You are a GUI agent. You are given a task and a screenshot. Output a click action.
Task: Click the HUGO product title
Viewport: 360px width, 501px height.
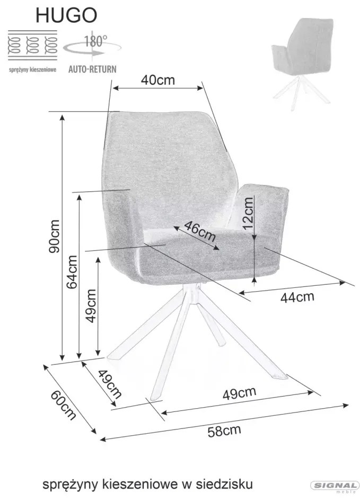pos(66,15)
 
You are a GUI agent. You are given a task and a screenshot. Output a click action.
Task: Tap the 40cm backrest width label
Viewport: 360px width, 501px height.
pos(158,80)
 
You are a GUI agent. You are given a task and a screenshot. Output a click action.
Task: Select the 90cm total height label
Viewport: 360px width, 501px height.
pos(54,236)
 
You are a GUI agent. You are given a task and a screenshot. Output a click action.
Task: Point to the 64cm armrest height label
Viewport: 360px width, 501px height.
pos(72,272)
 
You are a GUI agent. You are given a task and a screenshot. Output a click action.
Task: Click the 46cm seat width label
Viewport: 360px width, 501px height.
pos(200,231)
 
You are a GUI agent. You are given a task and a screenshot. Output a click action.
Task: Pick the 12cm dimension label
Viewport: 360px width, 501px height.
pos(248,213)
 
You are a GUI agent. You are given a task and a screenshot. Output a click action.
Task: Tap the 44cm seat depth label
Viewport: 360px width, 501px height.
pos(297,297)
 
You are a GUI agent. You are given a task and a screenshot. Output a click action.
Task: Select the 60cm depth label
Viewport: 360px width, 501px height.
pos(63,405)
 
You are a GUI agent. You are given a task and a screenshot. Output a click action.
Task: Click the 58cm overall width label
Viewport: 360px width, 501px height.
pos(224,430)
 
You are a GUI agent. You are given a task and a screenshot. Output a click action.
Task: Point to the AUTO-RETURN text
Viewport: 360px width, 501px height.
pos(92,69)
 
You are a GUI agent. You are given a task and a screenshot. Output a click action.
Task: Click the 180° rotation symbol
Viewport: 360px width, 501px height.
pos(92,46)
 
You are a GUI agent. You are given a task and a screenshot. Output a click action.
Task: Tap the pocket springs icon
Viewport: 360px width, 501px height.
pos(32,46)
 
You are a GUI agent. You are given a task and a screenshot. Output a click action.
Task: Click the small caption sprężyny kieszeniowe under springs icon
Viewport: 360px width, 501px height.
pos(32,69)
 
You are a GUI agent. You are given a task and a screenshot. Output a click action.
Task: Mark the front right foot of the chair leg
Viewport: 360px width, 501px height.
pos(281,375)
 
